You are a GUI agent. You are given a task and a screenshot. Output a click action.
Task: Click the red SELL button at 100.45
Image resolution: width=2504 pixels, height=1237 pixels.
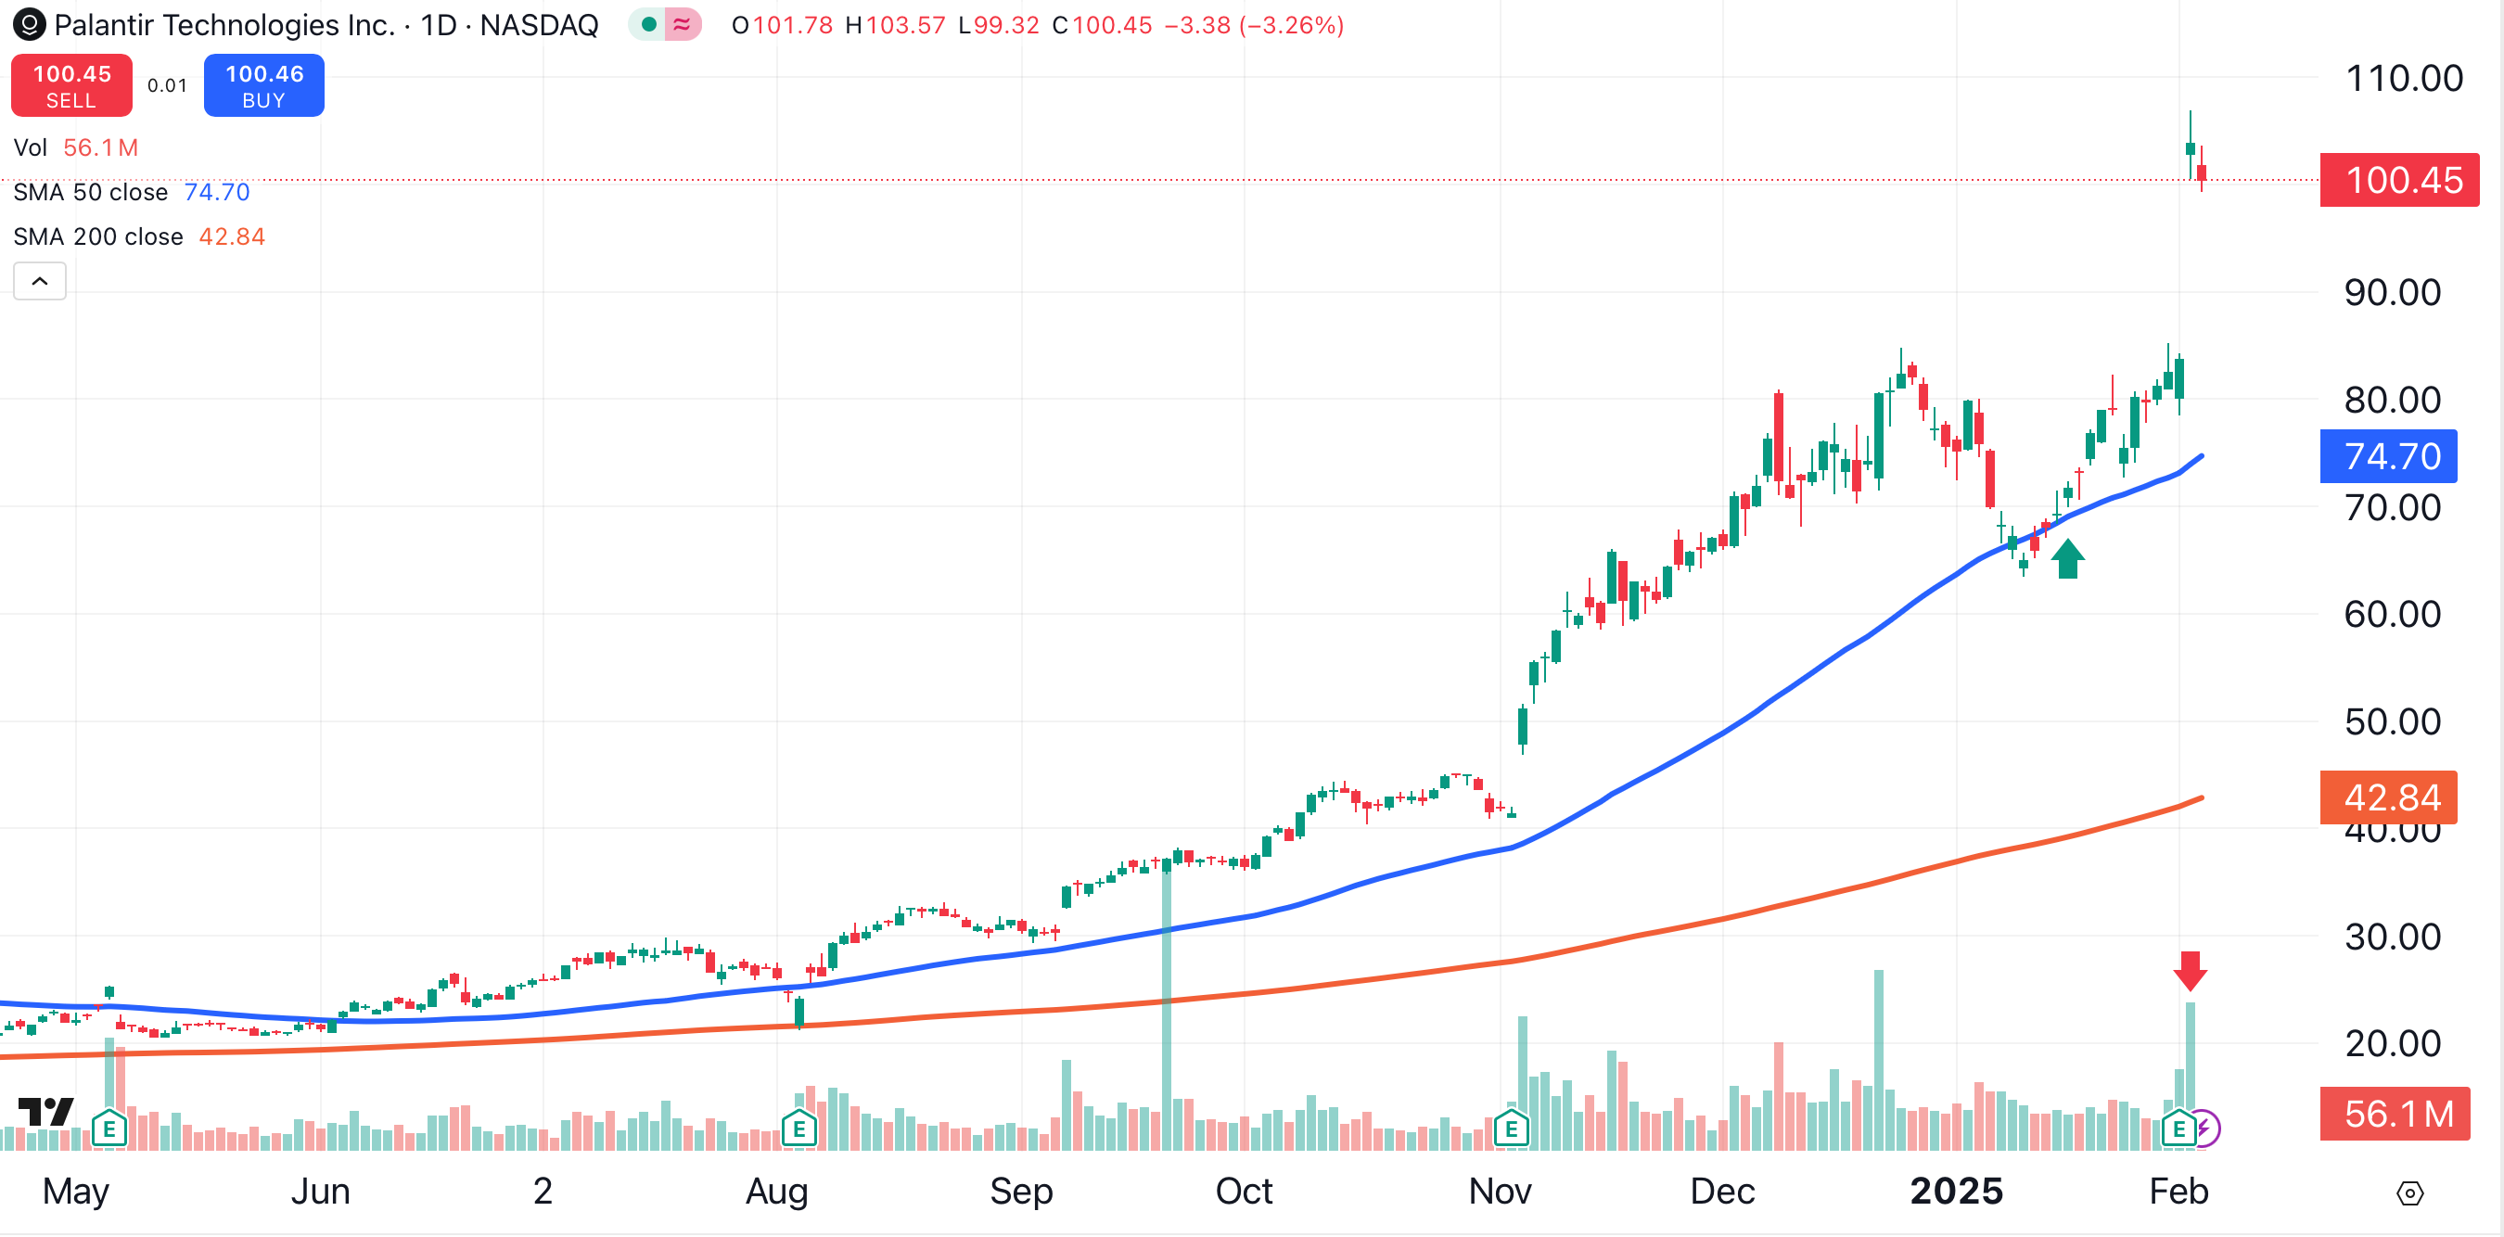[71, 85]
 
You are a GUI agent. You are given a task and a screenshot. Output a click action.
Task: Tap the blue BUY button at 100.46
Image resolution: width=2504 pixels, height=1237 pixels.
[263, 85]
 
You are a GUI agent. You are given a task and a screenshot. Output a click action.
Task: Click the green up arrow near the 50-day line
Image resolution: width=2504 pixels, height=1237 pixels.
[2067, 559]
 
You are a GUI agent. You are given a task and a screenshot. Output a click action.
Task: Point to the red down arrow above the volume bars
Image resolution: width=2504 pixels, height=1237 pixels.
[2190, 970]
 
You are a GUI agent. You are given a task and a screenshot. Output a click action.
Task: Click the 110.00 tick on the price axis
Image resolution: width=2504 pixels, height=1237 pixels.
[2403, 79]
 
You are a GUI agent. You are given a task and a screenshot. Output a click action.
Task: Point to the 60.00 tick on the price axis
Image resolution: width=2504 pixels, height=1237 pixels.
[2391, 614]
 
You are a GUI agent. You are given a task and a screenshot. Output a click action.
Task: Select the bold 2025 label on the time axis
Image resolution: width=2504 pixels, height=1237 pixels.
[1956, 1191]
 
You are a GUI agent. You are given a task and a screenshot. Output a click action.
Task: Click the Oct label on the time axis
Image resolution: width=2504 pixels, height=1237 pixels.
[1244, 1191]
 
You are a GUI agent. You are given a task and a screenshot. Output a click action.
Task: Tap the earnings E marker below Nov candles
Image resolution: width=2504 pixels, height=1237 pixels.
[1511, 1129]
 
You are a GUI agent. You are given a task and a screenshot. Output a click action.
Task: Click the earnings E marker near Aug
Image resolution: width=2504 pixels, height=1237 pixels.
[798, 1129]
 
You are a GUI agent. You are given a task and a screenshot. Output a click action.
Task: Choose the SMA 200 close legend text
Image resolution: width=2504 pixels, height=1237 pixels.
[98, 237]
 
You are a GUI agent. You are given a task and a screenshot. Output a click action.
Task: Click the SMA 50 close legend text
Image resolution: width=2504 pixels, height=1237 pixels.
[90, 192]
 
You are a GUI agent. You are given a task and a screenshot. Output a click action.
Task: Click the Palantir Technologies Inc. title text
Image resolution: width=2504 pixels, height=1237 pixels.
[224, 25]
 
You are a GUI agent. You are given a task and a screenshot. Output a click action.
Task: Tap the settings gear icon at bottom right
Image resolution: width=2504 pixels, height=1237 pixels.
[2409, 1192]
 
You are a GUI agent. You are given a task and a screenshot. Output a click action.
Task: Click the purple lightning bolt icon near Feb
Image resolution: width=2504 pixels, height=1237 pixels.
[2204, 1129]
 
